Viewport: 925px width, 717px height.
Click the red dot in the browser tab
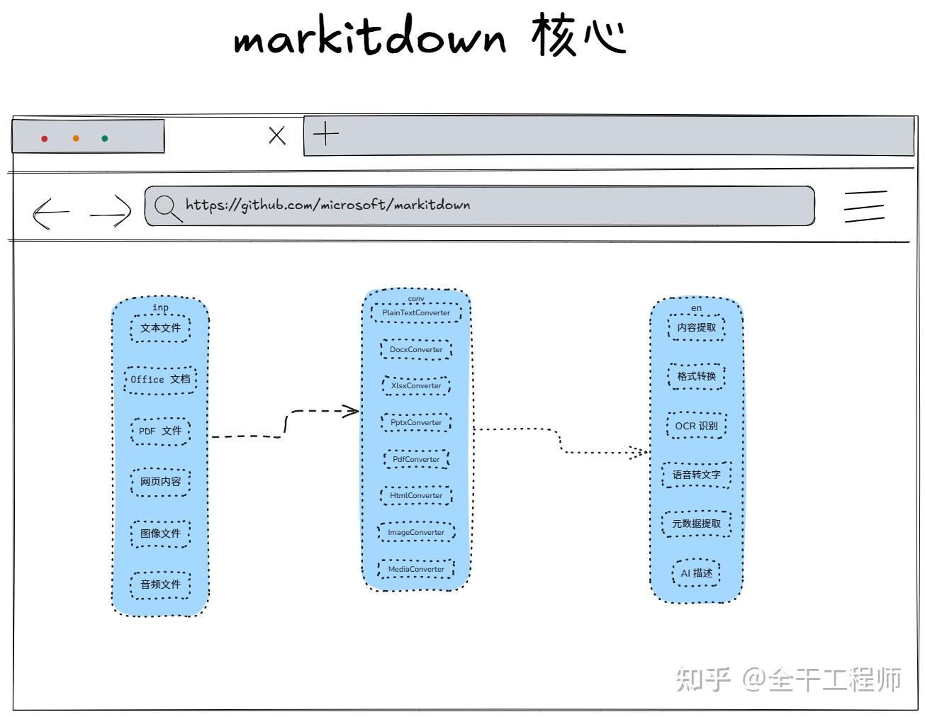44,139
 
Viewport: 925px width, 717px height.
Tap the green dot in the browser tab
105,139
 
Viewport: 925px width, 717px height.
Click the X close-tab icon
277,135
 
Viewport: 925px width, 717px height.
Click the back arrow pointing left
50,212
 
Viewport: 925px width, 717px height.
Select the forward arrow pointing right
111,211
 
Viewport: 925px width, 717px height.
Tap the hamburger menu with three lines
865,207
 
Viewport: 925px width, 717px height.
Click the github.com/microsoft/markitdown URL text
327,205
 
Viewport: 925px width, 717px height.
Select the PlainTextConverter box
416,312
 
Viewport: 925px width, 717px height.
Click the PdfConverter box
416,459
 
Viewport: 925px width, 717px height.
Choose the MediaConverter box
416,569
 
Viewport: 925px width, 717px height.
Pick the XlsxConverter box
416,385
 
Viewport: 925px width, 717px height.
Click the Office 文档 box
160,379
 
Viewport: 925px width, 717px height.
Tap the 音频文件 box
160,585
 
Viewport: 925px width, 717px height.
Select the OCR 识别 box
696,426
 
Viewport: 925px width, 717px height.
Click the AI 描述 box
696,573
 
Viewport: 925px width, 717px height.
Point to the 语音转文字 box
696,475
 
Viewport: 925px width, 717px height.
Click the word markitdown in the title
370,38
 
